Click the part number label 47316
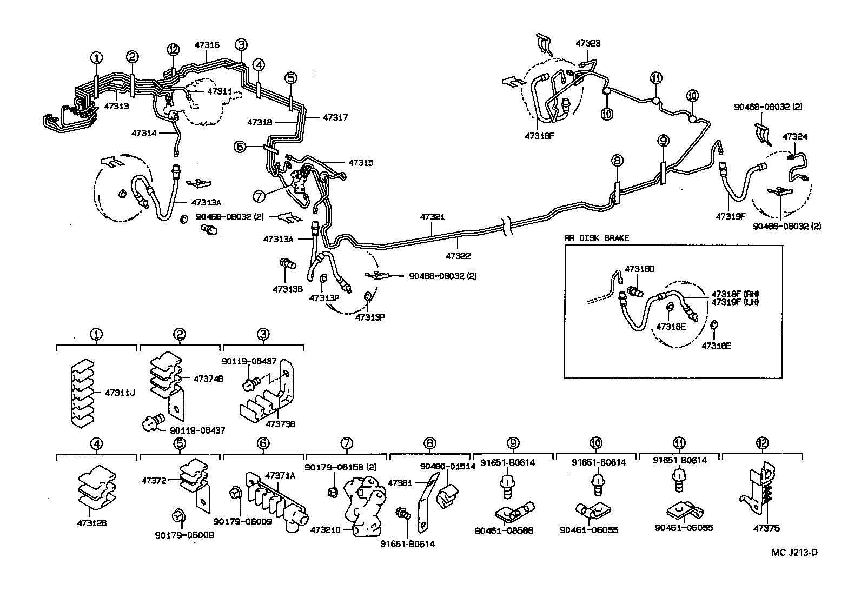coord(207,45)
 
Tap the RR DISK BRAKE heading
coord(597,238)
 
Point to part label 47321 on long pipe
coord(432,217)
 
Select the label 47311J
coord(120,392)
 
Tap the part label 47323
coord(588,43)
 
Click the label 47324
coord(794,136)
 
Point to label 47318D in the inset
coord(639,268)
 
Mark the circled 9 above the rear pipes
coord(664,141)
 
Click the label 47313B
coord(287,289)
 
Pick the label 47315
coord(361,162)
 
